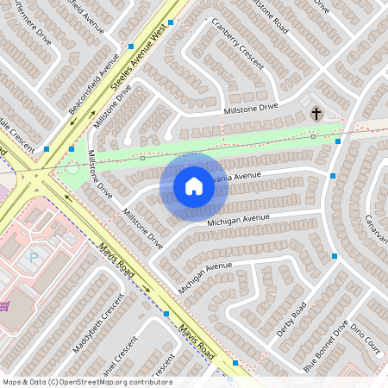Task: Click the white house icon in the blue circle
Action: pos(194,186)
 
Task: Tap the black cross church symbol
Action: pos(316,113)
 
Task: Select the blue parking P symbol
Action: pos(34,256)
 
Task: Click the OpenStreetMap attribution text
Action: pos(87,381)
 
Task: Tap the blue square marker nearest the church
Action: pos(338,141)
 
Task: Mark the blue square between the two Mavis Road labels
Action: pos(166,314)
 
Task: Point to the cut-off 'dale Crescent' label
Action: pos(16,135)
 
